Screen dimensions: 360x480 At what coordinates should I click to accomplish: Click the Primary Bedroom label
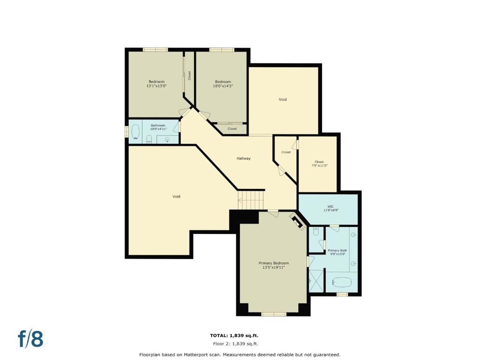click(274, 263)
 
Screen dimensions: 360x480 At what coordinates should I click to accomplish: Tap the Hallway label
click(243, 158)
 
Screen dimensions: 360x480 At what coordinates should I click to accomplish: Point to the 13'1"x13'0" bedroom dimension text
click(157, 86)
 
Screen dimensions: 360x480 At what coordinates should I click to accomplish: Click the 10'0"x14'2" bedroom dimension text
click(223, 86)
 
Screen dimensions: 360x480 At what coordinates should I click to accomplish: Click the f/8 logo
click(30, 339)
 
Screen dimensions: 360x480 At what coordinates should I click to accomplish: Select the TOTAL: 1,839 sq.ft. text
click(234, 336)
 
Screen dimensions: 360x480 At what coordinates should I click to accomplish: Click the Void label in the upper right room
click(283, 99)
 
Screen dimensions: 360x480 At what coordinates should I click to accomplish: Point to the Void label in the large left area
click(176, 196)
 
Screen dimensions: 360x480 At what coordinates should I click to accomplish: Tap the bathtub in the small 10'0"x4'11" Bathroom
click(135, 133)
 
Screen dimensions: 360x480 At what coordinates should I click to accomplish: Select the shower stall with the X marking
click(316, 281)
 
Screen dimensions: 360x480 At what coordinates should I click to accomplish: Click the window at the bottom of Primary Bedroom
click(274, 314)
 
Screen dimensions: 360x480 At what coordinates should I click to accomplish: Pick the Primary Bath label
click(337, 250)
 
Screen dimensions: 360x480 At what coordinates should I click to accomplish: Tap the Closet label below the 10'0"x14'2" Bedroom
click(232, 128)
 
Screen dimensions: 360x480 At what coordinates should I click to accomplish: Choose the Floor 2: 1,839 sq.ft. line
click(234, 344)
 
